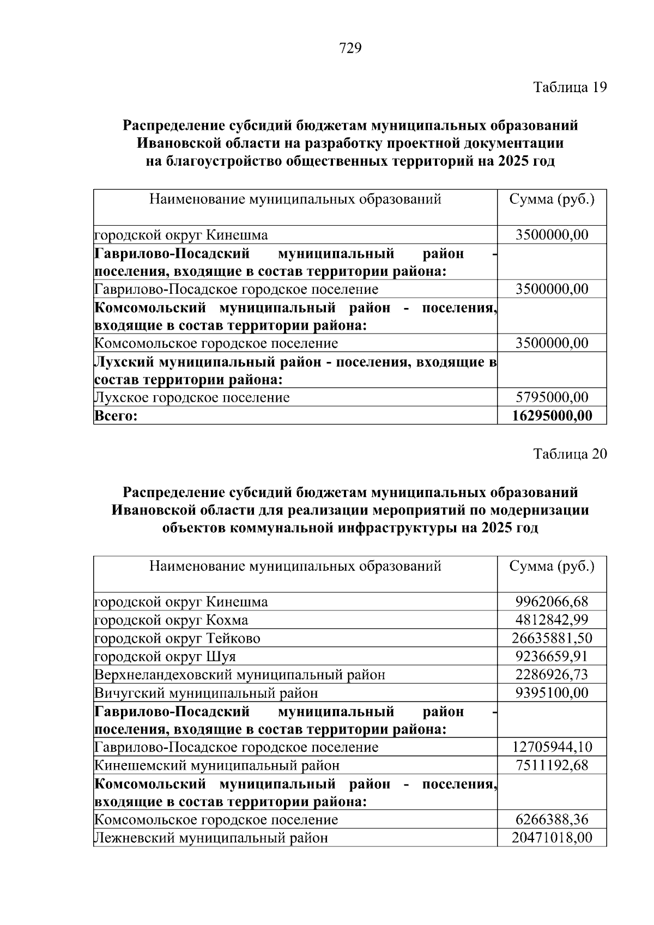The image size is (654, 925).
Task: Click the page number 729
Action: click(350, 49)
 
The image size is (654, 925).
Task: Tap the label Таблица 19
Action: click(570, 87)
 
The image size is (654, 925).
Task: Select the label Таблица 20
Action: click(570, 454)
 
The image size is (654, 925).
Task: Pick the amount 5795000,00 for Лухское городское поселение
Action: click(552, 397)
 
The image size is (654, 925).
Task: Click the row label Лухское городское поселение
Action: click(192, 397)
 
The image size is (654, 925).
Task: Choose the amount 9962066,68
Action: click(552, 602)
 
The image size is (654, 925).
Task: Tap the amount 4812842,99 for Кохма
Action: click(552, 620)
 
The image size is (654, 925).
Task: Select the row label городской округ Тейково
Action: click(178, 638)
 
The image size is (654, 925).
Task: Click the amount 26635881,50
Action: click(552, 638)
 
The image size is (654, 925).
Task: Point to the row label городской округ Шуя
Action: click(165, 656)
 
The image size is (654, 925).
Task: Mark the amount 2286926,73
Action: click(552, 675)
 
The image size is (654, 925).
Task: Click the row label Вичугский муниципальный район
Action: click(207, 693)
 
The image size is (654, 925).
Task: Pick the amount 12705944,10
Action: click(552, 747)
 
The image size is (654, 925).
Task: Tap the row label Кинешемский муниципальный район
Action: click(217, 765)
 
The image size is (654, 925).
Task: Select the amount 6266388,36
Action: click(552, 819)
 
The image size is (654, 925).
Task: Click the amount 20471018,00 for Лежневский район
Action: click(552, 838)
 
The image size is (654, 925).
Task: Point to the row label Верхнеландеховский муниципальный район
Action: click(240, 675)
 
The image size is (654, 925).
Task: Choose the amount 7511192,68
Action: click(552, 765)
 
